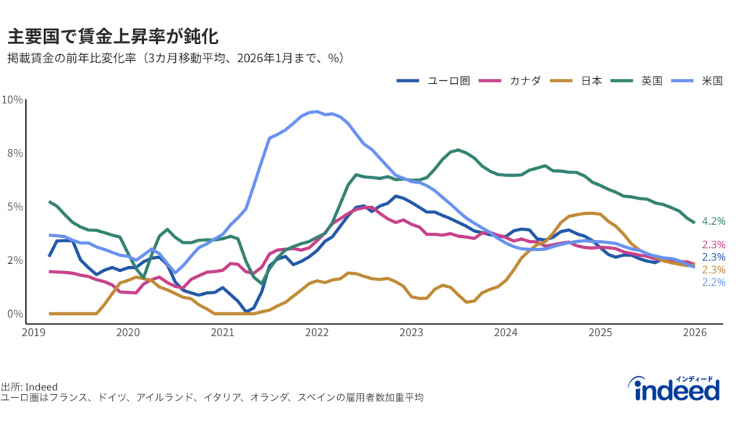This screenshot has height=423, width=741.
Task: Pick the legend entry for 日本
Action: pyautogui.click(x=576, y=80)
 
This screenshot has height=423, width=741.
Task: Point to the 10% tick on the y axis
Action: pyautogui.click(x=12, y=99)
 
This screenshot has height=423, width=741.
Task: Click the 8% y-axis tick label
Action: pyautogui.click(x=14, y=153)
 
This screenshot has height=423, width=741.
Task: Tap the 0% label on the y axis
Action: pyautogui.click(x=14, y=314)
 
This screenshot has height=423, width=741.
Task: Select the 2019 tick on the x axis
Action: pyautogui.click(x=33, y=333)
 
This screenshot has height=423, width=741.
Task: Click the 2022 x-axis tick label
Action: pyautogui.click(x=317, y=333)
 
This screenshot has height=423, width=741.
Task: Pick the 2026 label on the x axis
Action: pyautogui.click(x=695, y=333)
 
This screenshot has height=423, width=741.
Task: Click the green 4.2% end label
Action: pyautogui.click(x=714, y=221)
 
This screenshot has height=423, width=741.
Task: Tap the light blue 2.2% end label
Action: pyautogui.click(x=714, y=282)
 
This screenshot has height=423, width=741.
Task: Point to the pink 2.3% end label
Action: pyautogui.click(x=714, y=244)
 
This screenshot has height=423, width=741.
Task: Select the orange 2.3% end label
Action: pyautogui.click(x=714, y=270)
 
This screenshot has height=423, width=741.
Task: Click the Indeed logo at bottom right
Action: pyautogui.click(x=677, y=390)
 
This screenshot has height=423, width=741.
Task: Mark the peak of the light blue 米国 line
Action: pyautogui.click(x=313, y=111)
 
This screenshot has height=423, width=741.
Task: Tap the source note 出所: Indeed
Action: pyautogui.click(x=29, y=387)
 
